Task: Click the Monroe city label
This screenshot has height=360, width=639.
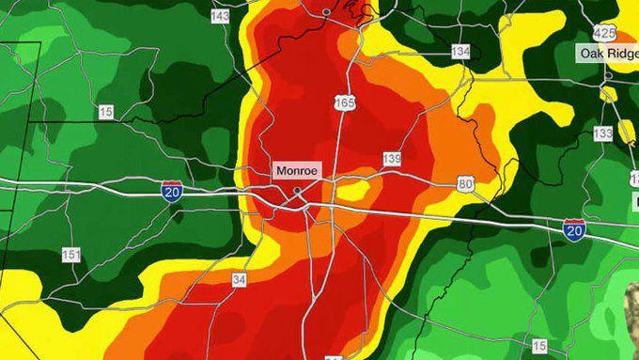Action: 297,172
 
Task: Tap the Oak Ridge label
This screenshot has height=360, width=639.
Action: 606,53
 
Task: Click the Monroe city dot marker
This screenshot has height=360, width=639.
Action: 297,191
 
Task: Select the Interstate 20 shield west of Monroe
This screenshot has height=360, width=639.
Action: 170,190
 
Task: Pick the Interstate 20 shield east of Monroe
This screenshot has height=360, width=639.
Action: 573,228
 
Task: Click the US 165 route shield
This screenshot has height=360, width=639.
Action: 345,102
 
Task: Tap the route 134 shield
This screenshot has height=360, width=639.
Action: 460,51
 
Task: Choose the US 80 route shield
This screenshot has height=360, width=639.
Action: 465,183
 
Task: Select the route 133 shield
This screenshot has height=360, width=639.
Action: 602,134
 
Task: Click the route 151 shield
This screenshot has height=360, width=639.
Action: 70,255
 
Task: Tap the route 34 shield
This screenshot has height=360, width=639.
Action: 240,279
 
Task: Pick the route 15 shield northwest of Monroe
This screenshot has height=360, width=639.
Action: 105,112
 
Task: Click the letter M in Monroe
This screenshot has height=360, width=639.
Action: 280,172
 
